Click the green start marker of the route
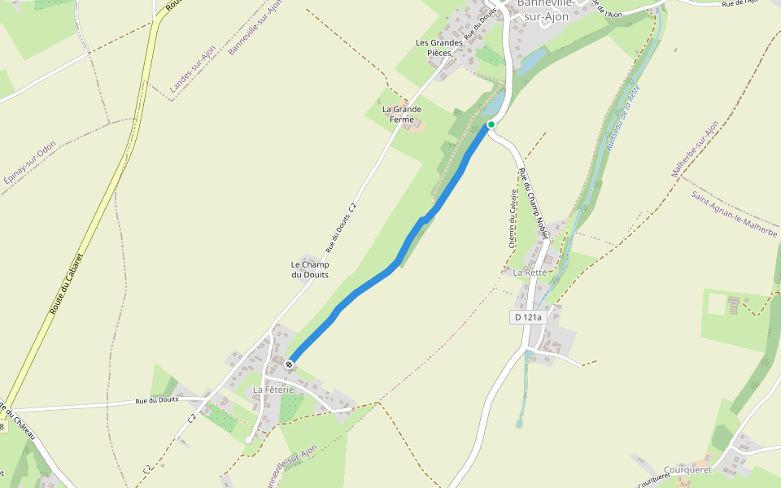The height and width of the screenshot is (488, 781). (x=491, y=124)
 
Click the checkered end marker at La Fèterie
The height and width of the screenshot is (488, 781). (x=289, y=364)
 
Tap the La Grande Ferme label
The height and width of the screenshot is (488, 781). (x=402, y=114)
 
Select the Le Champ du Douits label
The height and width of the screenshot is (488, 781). (x=310, y=269)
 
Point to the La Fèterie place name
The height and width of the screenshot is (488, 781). (x=273, y=390)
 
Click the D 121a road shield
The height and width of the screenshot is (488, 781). (x=528, y=316)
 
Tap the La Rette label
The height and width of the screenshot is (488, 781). (x=530, y=272)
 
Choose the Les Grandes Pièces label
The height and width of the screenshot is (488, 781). (x=438, y=48)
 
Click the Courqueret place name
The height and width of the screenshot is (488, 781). (x=687, y=470)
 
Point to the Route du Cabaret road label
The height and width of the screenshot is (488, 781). (x=66, y=284)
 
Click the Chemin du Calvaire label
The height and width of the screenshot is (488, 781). (x=513, y=219)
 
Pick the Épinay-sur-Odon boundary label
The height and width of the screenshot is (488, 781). (x=29, y=168)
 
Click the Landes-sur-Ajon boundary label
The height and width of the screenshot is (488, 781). (x=192, y=68)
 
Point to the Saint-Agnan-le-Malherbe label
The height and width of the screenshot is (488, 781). (x=733, y=214)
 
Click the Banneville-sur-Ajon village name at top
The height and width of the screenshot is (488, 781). (x=546, y=10)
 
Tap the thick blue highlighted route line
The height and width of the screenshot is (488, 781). (x=367, y=285)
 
